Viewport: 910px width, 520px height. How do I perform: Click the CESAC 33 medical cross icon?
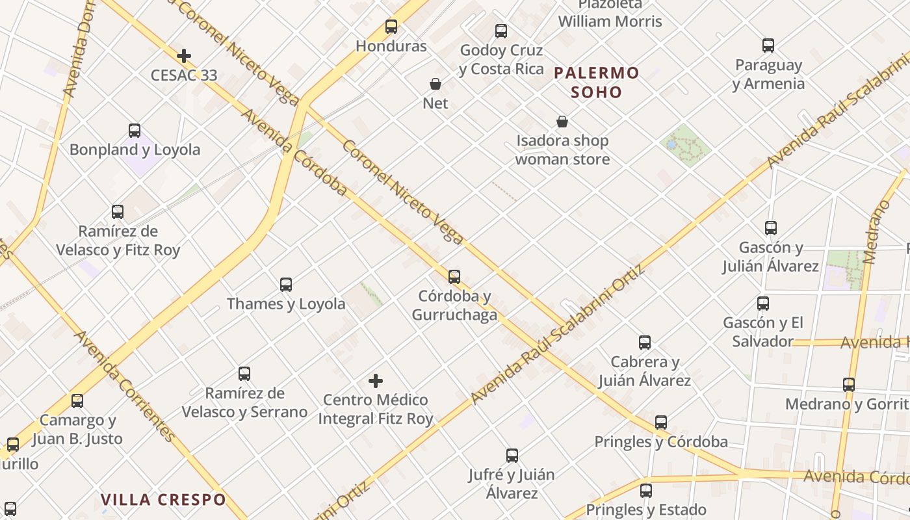coord(184,56)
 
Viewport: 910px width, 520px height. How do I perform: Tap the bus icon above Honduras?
coord(391,27)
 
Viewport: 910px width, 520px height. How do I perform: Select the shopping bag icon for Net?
coord(435,84)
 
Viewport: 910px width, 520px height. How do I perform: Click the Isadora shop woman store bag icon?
coord(562,122)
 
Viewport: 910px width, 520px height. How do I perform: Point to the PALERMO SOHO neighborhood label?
coord(597,83)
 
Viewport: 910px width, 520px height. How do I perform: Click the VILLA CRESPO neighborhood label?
coord(163,500)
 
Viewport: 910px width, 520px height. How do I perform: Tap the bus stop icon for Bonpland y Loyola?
coord(135,131)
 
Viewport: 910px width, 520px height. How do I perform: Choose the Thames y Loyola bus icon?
coord(286,285)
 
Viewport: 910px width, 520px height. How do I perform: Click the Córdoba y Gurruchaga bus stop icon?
coord(454,277)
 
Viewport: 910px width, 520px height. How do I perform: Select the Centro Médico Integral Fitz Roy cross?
coord(376,381)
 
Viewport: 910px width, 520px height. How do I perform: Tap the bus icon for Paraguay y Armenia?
coord(768,45)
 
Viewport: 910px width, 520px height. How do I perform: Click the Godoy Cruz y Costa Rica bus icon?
coord(501,31)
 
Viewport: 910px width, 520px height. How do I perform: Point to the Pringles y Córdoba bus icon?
coord(661,422)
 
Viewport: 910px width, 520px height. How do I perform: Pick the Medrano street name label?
coord(877,232)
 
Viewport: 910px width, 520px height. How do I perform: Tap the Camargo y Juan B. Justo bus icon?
coord(77,401)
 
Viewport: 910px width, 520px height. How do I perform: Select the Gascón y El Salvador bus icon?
coord(763,304)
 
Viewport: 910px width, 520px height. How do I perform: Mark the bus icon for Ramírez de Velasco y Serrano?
coord(244,374)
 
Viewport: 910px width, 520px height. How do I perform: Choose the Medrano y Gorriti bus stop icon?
coord(849,385)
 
